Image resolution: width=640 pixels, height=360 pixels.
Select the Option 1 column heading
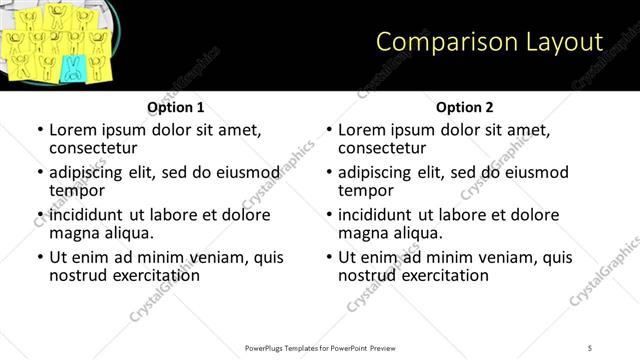176,107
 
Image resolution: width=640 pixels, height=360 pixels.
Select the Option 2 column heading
465,107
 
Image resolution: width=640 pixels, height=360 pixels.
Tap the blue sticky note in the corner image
73,67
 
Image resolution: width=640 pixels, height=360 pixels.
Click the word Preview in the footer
387,347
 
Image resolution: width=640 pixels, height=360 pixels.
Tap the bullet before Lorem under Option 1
40,130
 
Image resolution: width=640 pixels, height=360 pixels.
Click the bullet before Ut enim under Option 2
329,257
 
